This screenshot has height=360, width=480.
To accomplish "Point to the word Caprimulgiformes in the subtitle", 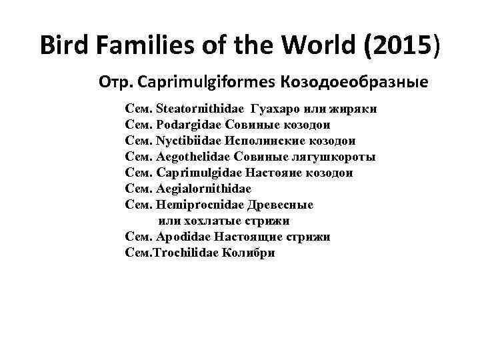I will [201, 82].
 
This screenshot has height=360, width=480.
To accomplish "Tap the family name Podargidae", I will [188, 125].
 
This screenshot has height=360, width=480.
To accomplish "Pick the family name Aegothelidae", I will [193, 157].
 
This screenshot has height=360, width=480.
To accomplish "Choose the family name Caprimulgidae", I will [198, 173].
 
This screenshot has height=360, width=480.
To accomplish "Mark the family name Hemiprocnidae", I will [198, 205].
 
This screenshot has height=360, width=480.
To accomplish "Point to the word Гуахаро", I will [273, 109].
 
